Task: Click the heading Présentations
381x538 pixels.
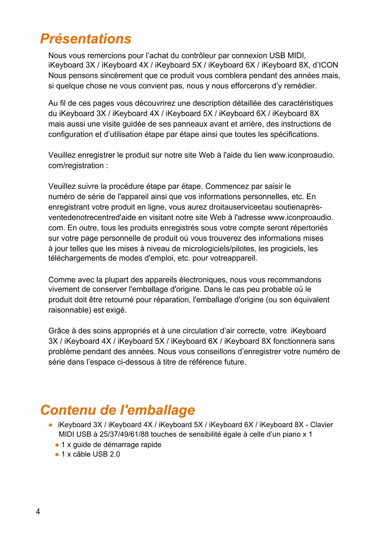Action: coord(86,39)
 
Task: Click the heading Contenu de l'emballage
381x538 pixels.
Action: coord(118,410)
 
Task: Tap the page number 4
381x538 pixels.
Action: coord(38,511)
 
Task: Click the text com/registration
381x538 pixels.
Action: coord(76,166)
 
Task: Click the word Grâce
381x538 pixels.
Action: coord(59,331)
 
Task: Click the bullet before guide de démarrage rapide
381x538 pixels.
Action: coord(57,445)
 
